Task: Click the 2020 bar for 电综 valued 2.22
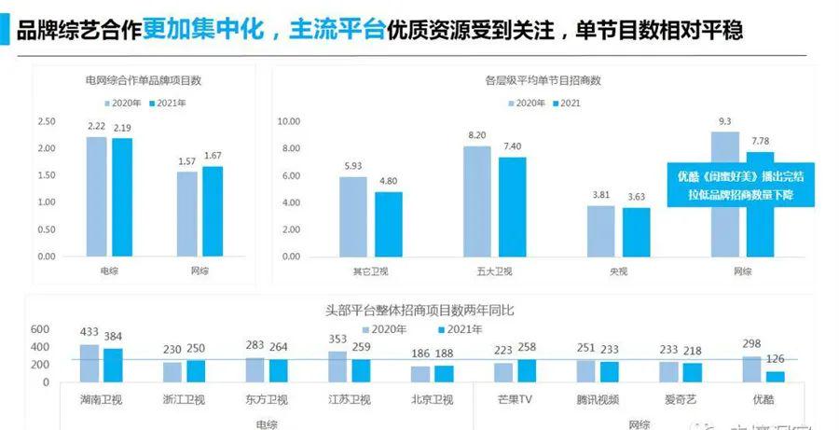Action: (x=96, y=197)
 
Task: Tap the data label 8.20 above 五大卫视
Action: (x=477, y=135)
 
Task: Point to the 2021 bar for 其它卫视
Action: (x=389, y=224)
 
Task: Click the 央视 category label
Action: (x=608, y=270)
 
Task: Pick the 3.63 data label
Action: (x=637, y=197)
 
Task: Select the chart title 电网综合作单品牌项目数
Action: (x=143, y=80)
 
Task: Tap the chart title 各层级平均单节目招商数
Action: (x=539, y=80)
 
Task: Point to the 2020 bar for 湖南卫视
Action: (x=89, y=364)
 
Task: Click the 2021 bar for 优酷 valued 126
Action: (x=776, y=377)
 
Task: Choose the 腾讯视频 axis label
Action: (x=597, y=398)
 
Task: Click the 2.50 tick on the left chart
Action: (x=46, y=122)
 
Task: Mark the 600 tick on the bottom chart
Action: (x=39, y=329)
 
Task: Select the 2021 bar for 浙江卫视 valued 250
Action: (x=196, y=371)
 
